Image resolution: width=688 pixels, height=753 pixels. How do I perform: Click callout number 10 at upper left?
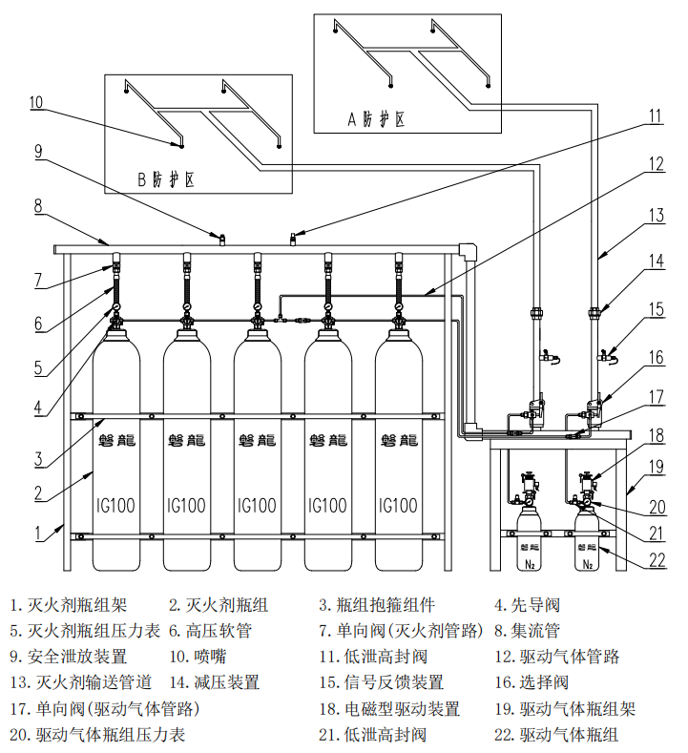36,102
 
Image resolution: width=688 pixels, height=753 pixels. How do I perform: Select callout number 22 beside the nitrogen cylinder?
657,560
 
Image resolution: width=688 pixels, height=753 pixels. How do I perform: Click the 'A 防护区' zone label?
376,119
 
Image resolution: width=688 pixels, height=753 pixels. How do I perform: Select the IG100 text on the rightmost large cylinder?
398,505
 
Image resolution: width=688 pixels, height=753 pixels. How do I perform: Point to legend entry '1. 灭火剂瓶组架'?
68,604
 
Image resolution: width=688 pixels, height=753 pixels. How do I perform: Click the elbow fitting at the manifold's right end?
467,252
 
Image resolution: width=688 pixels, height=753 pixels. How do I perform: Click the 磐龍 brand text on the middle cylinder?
258,441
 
